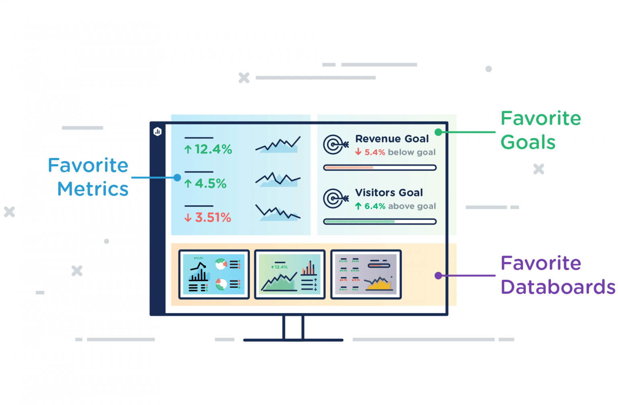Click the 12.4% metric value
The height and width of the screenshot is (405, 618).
[x=208, y=149]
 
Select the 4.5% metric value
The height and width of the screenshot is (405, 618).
[x=206, y=184]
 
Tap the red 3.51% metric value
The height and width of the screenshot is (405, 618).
[x=208, y=218]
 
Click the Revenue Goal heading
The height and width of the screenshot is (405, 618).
[x=392, y=139]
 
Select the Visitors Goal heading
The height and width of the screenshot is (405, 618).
[x=389, y=193]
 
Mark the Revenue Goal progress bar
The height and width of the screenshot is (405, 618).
[x=380, y=167]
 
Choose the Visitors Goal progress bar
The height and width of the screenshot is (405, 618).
[x=380, y=221]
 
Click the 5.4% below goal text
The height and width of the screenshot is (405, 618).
[x=396, y=152]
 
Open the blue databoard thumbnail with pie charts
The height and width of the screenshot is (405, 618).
[x=214, y=275]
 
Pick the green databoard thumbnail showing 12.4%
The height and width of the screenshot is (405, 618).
[x=290, y=275]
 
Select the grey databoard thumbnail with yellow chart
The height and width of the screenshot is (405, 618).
[x=366, y=275]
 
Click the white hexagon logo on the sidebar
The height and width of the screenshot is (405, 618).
[x=157, y=132]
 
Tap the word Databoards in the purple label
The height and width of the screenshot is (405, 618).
[x=558, y=287]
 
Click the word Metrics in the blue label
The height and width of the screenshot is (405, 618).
[x=93, y=189]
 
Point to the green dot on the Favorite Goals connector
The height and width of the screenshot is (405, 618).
[x=438, y=132]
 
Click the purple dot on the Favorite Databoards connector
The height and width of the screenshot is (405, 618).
[x=438, y=276]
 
